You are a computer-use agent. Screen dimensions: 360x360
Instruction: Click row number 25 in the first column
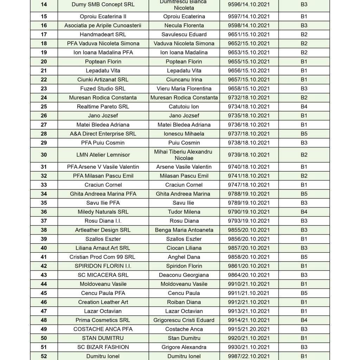tap(44, 107)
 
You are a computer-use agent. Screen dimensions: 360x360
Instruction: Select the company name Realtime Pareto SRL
tap(103, 107)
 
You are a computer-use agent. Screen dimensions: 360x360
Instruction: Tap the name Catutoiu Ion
tap(184, 107)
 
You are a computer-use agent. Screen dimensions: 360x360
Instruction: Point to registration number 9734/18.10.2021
tap(249, 107)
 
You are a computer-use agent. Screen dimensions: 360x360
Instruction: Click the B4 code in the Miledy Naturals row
tap(304, 212)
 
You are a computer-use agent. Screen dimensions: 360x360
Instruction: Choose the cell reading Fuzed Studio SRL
tap(103, 89)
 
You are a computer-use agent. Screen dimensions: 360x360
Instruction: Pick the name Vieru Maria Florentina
tap(184, 89)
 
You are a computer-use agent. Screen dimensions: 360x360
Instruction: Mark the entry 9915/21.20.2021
tap(249, 329)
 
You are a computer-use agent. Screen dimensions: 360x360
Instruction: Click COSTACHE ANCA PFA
tap(103, 329)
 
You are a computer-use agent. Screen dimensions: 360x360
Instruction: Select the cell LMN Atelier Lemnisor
tap(103, 155)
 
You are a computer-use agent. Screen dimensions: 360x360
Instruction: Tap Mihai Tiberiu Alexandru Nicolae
tap(184, 155)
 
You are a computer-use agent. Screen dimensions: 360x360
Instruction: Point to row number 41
tap(44, 257)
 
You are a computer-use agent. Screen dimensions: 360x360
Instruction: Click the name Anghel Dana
tap(184, 257)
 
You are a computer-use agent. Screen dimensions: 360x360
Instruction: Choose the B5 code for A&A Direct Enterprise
tap(304, 134)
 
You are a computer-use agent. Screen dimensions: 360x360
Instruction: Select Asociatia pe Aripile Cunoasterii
tap(103, 25)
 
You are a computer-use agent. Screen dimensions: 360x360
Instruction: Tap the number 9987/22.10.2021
tap(249, 356)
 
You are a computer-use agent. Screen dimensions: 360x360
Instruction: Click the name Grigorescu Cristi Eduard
tap(184, 320)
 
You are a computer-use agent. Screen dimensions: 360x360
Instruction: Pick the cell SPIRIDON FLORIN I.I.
tap(103, 266)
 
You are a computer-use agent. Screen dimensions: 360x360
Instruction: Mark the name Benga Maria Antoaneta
tap(184, 230)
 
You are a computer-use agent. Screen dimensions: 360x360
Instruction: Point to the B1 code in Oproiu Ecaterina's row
tap(304, 17)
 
